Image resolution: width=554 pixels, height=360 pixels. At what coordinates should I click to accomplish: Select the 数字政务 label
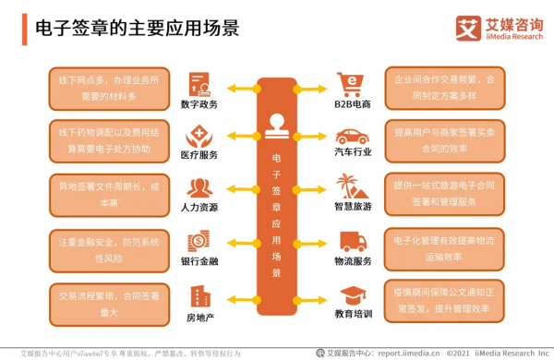199,103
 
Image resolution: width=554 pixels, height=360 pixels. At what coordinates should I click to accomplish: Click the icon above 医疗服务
199,134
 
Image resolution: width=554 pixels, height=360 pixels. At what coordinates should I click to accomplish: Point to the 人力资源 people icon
199,187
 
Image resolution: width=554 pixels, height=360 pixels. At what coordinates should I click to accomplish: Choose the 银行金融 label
199,261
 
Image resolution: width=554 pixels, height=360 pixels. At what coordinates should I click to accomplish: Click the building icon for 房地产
199,294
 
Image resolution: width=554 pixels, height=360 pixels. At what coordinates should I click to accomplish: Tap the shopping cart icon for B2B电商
352,82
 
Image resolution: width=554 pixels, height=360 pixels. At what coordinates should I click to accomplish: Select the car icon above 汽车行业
352,137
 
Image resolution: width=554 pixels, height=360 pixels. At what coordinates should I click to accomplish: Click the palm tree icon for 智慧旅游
352,186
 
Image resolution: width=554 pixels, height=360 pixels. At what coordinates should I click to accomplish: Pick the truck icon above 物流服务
352,241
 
